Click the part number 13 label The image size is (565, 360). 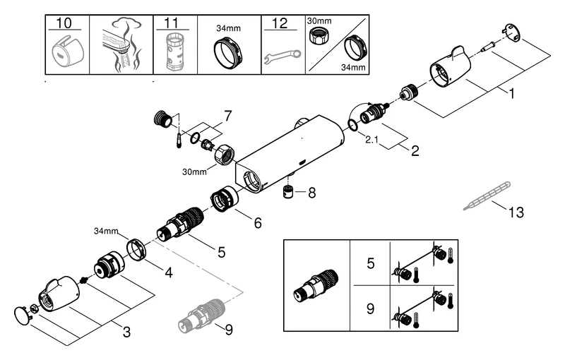[x=516, y=211]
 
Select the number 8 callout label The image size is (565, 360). [x=312, y=191]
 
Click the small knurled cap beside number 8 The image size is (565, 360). [x=288, y=192]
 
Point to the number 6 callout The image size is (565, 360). [x=258, y=223]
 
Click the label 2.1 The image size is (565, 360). [x=374, y=141]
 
